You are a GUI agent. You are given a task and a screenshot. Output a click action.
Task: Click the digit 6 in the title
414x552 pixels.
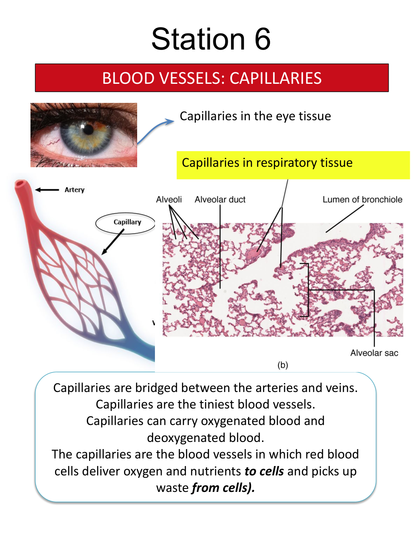(x=262, y=39)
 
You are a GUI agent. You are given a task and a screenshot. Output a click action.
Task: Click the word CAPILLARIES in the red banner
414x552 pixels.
(x=276, y=78)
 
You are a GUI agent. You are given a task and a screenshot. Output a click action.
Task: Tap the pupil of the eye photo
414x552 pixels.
(x=88, y=129)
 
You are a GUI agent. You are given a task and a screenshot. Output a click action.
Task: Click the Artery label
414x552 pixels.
(x=75, y=190)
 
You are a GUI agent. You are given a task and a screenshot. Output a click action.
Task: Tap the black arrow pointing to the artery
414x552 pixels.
(x=47, y=190)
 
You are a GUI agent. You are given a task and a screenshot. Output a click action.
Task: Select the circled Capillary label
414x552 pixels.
(x=127, y=222)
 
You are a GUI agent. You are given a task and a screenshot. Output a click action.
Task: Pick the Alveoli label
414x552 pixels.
(x=169, y=199)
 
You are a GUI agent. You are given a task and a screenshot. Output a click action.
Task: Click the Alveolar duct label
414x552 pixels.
(x=220, y=199)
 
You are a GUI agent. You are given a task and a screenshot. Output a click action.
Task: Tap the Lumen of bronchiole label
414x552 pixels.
(x=362, y=199)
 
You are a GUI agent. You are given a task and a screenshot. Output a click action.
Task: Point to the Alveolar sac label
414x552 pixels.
(x=374, y=353)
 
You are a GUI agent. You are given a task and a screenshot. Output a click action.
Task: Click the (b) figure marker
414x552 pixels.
(x=283, y=365)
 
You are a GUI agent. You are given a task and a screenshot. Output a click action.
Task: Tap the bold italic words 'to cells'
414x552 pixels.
(x=264, y=471)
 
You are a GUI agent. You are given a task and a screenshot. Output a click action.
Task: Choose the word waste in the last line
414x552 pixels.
(x=172, y=488)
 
